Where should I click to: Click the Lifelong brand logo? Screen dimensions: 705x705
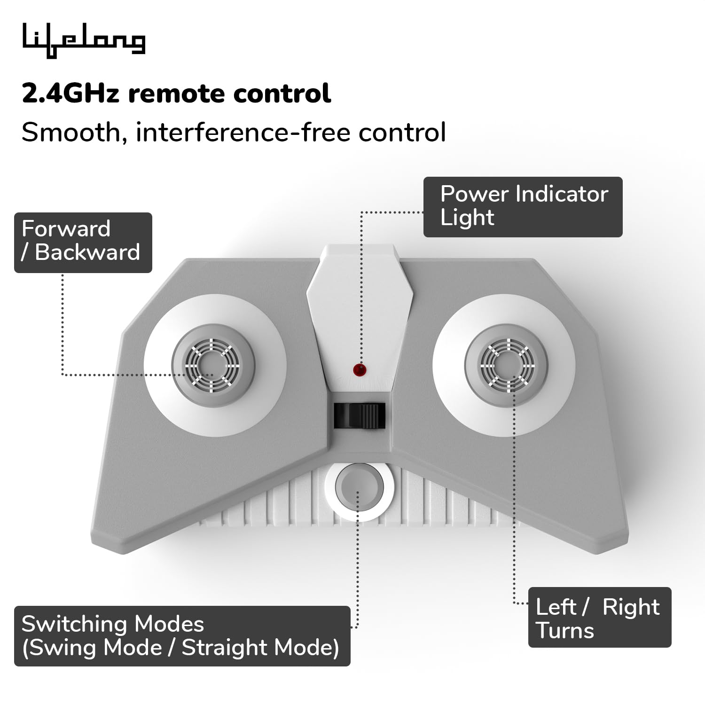click(x=84, y=41)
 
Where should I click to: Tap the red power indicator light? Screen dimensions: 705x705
click(x=360, y=370)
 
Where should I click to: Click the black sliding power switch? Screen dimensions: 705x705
click(x=359, y=415)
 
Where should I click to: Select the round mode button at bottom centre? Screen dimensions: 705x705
click(x=360, y=487)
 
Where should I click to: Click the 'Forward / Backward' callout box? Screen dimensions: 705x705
click(x=83, y=243)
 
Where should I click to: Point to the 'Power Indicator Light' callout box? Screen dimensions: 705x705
click(x=523, y=207)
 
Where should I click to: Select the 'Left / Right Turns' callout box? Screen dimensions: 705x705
click(x=599, y=617)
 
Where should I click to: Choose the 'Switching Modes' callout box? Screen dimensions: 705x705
click(x=182, y=636)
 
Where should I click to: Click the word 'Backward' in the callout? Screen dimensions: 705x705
click(x=87, y=252)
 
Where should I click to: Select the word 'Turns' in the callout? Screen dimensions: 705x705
click(x=565, y=630)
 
